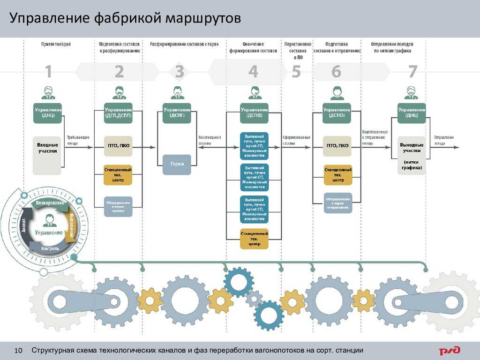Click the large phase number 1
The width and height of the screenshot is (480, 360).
point(48,72)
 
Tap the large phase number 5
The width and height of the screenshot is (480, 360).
point(296,72)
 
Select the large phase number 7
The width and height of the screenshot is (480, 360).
point(412,72)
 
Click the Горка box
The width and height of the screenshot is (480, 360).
point(177,164)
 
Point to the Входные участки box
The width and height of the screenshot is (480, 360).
point(47,148)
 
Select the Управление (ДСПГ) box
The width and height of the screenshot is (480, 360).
point(177,113)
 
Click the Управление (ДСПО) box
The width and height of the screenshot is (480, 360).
point(337,113)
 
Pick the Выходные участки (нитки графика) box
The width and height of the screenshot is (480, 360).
point(412,155)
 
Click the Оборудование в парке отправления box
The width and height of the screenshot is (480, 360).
point(337,202)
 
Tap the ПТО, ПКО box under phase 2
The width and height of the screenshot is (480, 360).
point(119,146)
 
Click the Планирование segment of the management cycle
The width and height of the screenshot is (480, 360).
point(49,203)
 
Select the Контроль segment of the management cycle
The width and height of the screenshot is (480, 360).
point(49,247)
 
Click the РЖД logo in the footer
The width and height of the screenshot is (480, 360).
point(450,351)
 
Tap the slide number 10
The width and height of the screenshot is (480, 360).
point(19,351)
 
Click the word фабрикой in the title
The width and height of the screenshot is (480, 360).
point(127,19)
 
